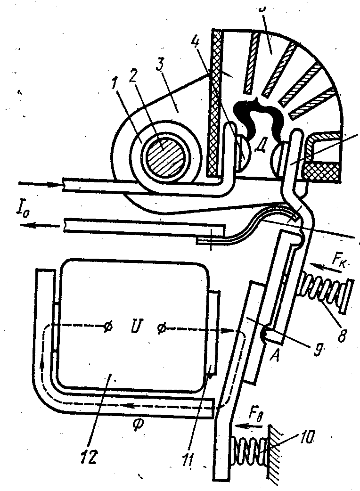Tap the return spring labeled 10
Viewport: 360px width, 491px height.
click(x=247, y=446)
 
